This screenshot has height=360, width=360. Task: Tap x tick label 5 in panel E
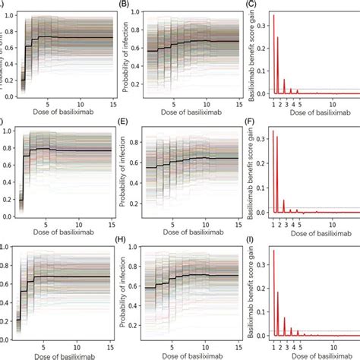(x=173, y=219)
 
